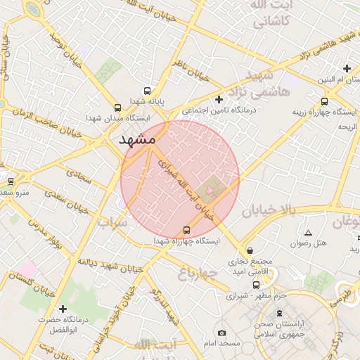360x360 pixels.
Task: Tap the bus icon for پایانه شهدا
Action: pos(147,91)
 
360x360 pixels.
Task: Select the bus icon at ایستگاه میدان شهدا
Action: pos(117,108)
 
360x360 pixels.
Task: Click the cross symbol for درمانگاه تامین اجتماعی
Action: pos(219,99)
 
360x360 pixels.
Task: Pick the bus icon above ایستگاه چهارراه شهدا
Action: pos(186,230)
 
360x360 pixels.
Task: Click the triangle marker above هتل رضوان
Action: pos(308,233)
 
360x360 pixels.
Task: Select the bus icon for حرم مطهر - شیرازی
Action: pos(256,285)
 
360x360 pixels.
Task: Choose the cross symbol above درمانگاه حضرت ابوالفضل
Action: pos(63,309)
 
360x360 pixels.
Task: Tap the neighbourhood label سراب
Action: pos(112,224)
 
